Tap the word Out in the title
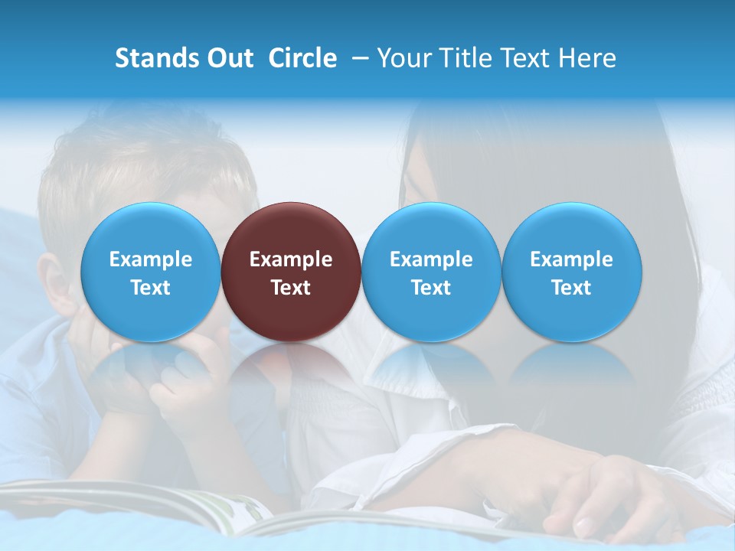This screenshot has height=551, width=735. (230, 58)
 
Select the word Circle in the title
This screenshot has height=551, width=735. (302, 58)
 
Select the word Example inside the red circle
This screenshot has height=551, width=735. (291, 259)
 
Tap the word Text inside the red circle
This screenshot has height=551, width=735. (291, 288)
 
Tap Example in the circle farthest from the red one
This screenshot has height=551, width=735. (572, 259)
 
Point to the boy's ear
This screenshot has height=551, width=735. (54, 283)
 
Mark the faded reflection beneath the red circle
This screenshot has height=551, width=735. (291, 375)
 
